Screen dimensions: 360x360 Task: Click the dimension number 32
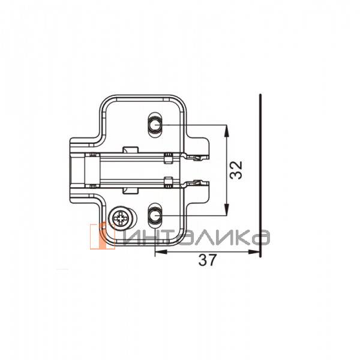236,170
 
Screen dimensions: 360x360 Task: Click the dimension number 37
208,260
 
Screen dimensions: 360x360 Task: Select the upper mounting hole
155,125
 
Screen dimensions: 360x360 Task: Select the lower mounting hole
155,215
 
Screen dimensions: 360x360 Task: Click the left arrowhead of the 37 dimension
161,252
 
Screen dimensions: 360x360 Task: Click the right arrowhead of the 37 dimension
254,252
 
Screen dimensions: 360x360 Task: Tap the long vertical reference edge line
260,175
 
